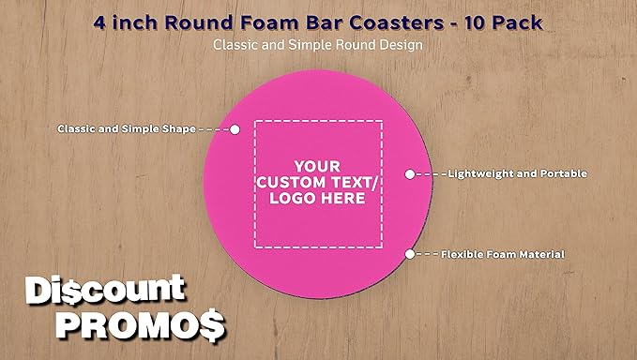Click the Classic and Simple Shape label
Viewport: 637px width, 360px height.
127,128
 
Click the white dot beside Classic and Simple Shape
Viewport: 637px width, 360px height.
235,128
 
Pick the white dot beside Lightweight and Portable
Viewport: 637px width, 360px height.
409,173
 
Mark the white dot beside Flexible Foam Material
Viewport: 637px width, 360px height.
409,254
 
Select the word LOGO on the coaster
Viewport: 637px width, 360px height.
292,198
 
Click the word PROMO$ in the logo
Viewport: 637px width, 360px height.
140,324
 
